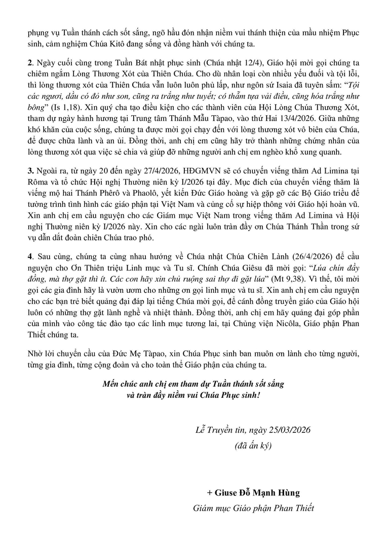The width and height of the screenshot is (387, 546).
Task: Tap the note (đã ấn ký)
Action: click(253, 446)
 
